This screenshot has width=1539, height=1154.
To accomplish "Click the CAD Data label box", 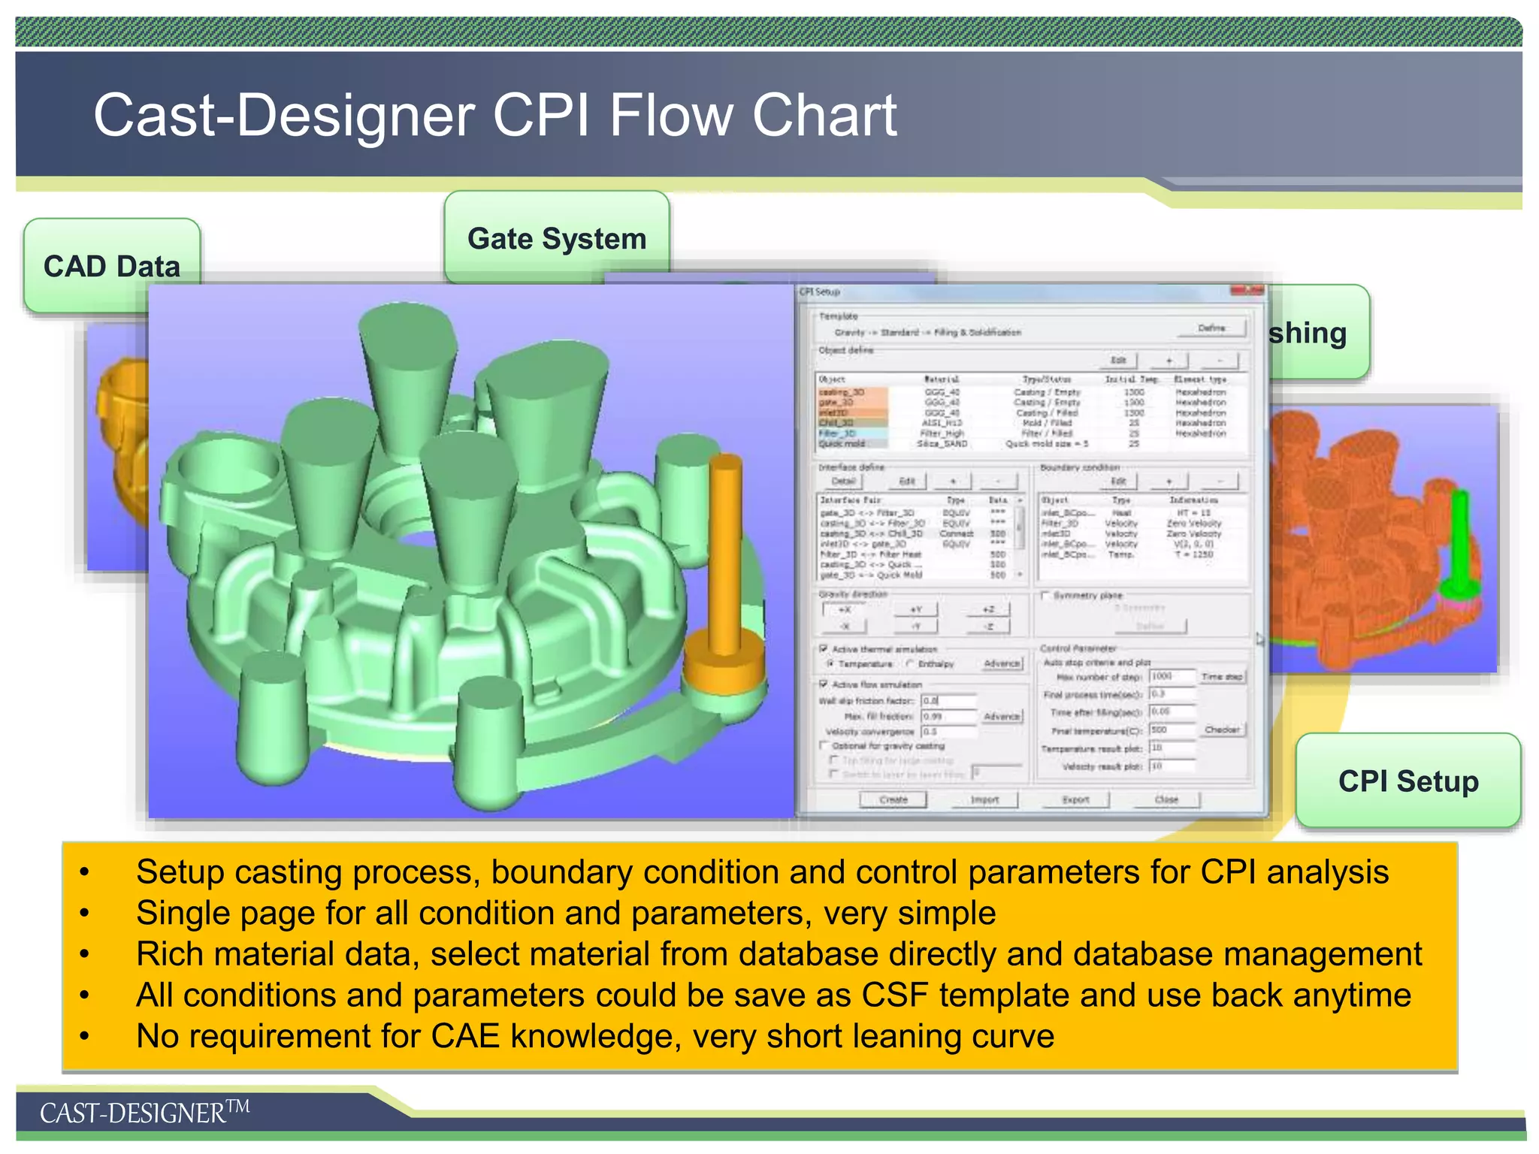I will [111, 265].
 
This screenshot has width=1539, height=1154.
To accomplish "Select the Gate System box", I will [556, 238].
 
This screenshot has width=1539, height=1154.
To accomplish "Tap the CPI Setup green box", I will [1407, 781].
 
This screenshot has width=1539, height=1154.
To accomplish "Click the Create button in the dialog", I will [893, 799].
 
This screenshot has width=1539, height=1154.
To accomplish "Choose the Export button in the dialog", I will [1075, 799].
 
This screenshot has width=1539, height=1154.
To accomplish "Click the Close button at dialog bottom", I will [1166, 799].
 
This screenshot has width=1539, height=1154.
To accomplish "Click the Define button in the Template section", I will [1211, 328].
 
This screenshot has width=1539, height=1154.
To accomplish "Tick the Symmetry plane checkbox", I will [1045, 595].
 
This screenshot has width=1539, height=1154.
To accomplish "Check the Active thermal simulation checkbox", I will [824, 648].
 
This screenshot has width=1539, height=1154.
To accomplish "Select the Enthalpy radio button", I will [910, 663].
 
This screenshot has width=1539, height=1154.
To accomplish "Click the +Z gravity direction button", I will [988, 609].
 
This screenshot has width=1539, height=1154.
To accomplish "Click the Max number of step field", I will [1171, 676].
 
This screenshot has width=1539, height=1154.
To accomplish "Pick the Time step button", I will [1223, 677].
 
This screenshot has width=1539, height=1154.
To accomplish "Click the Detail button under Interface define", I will [843, 481].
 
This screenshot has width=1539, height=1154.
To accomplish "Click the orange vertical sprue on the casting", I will [725, 556].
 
